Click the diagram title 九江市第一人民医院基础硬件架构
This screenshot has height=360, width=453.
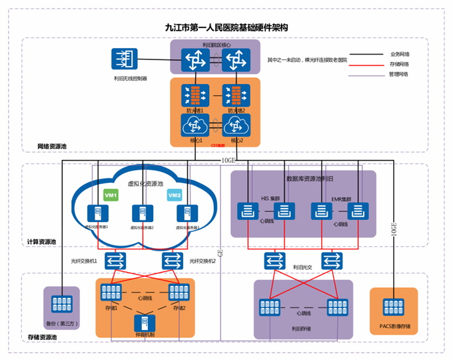[x=226, y=28]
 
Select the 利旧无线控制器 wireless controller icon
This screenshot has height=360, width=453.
[x=123, y=61]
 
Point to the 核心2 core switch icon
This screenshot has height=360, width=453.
[x=235, y=125]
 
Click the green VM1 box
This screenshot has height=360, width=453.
[x=111, y=195]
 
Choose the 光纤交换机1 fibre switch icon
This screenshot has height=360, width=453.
[x=116, y=260]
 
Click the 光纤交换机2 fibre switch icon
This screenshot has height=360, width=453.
[x=173, y=260]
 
